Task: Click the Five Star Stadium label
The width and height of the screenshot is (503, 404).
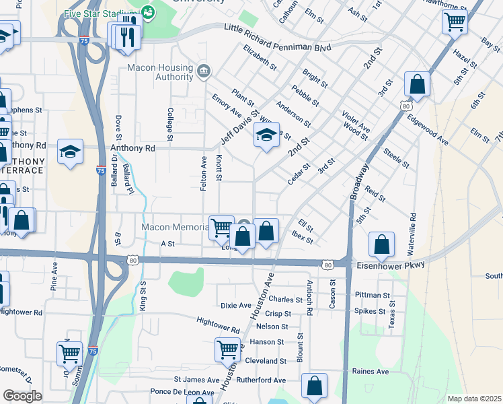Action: [102, 13]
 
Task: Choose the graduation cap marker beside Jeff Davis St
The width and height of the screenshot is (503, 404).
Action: [266, 136]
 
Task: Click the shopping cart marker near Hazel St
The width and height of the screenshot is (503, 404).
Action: [455, 22]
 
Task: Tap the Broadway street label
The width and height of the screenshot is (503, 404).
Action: [360, 180]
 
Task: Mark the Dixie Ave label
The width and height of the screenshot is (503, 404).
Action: [235, 305]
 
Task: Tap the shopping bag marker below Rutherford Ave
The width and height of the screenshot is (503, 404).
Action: [314, 386]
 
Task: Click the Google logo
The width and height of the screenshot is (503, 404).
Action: [22, 395]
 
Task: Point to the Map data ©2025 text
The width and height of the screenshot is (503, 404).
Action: [474, 399]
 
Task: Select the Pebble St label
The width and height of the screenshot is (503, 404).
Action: [305, 94]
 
